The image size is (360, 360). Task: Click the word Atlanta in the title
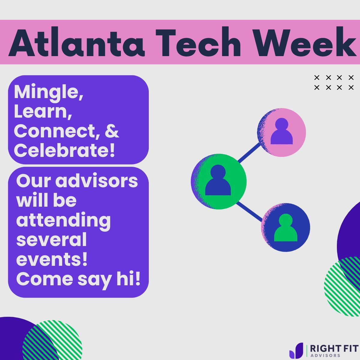(77, 43)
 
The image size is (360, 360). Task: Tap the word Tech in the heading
(199, 43)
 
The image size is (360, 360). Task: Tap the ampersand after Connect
(112, 131)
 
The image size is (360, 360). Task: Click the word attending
(63, 220)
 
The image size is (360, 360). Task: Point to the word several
(51, 240)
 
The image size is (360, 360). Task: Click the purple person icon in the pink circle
(281, 132)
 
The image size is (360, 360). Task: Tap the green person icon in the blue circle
(286, 228)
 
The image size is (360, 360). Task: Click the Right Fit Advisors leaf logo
(296, 351)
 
